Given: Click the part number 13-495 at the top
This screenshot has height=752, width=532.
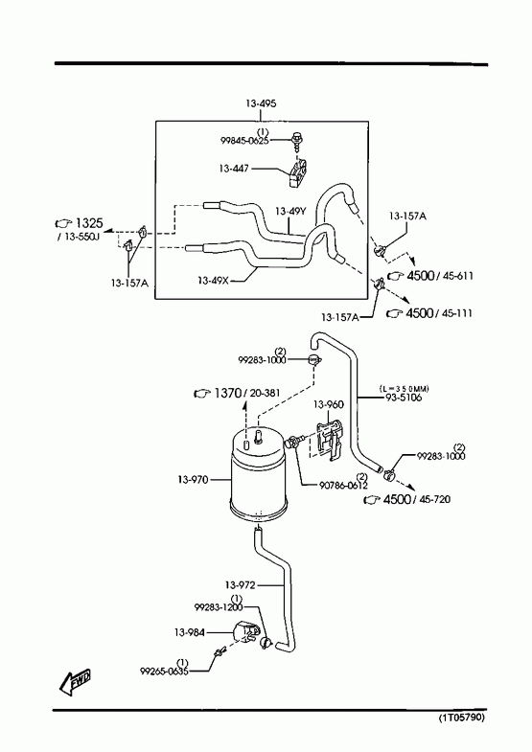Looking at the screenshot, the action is coord(261,103).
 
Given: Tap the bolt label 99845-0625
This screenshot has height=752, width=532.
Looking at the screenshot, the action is coord(244,141).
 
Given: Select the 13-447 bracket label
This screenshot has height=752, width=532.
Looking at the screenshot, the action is coord(234,169).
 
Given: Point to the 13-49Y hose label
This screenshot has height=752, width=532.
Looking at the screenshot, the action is coord(290,211).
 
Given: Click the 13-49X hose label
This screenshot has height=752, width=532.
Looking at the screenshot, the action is coord(213,280).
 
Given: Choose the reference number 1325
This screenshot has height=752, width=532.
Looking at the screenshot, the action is coord(89,223).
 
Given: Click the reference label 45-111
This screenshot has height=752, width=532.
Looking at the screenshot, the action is coord(455,313).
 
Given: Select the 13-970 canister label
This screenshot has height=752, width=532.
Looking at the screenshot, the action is coord(193,480).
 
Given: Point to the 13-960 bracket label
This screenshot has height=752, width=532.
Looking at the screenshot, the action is coord(329,404).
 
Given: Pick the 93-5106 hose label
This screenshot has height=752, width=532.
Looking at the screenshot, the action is coord(404,398).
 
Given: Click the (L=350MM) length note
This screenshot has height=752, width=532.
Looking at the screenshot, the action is coord(404,389).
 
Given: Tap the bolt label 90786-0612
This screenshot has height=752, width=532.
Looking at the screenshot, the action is coord(343,486).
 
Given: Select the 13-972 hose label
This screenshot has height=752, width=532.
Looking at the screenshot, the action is coord(240,585).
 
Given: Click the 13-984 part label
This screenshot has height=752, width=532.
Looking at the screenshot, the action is coord(190,632).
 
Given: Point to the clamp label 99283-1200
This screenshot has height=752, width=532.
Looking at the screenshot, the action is coord(219,607).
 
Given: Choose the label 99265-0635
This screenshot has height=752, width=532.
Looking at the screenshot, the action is coord(164,672).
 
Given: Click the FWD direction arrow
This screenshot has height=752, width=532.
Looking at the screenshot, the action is coord(76,682).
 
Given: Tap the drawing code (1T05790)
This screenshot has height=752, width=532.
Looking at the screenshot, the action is coord(461,718).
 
